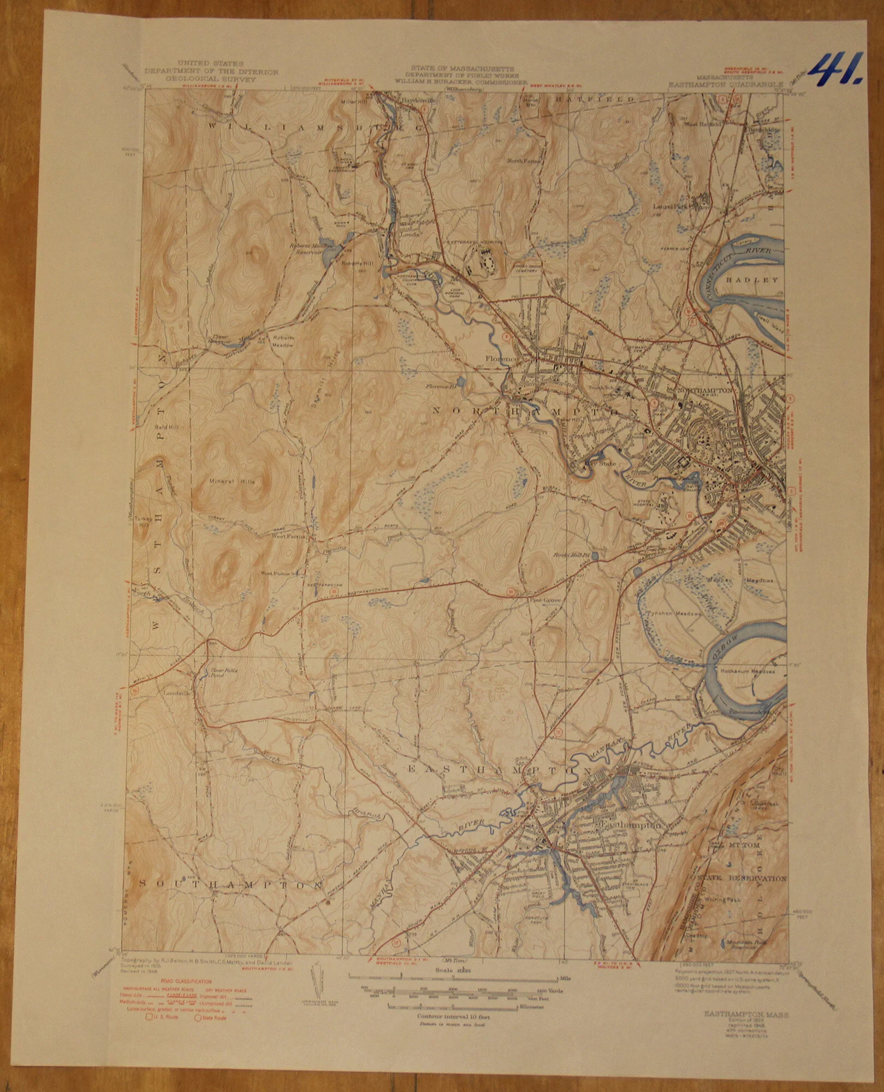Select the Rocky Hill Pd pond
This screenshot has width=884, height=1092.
pyautogui.click(x=595, y=556)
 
